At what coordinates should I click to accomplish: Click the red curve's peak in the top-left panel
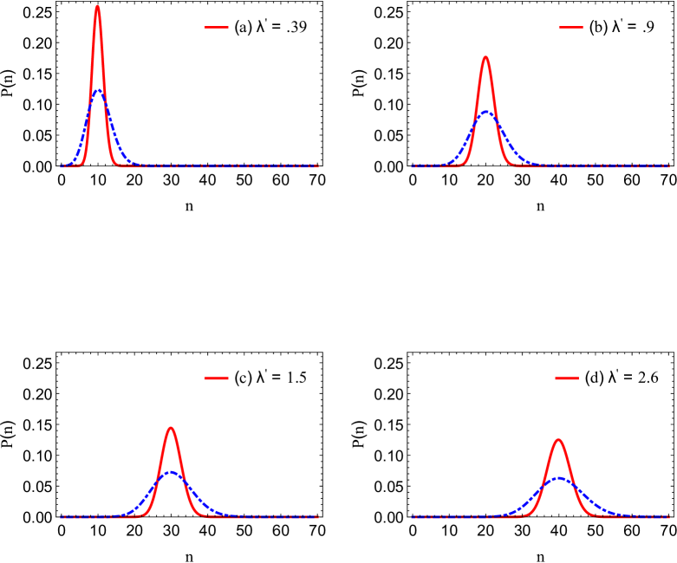(x=97, y=7)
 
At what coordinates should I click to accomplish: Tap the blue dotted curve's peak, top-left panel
(x=99, y=90)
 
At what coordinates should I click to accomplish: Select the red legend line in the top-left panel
(x=216, y=28)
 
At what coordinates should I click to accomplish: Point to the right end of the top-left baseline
(x=317, y=165)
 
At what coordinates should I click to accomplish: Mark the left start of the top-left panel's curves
(x=62, y=165)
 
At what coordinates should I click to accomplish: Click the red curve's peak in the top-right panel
(x=485, y=58)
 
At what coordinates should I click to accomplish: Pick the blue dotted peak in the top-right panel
(x=486, y=112)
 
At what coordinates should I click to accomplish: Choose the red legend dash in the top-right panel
(x=570, y=28)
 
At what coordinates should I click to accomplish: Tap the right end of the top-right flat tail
(x=669, y=165)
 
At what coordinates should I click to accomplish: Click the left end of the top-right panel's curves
(x=413, y=165)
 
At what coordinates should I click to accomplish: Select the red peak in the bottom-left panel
(x=171, y=428)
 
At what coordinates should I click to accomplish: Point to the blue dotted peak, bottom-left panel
(x=172, y=472)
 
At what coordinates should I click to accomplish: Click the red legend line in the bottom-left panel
(x=216, y=378)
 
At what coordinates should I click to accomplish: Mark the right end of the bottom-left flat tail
(x=317, y=517)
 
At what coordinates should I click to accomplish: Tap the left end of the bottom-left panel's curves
(x=62, y=517)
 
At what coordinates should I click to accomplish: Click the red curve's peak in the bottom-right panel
(x=558, y=439)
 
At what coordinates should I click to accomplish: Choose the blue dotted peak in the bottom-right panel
(x=560, y=477)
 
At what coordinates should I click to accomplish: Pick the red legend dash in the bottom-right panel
(x=566, y=378)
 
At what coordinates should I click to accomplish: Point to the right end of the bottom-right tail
(x=669, y=517)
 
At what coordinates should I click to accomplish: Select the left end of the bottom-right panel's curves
(x=413, y=517)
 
